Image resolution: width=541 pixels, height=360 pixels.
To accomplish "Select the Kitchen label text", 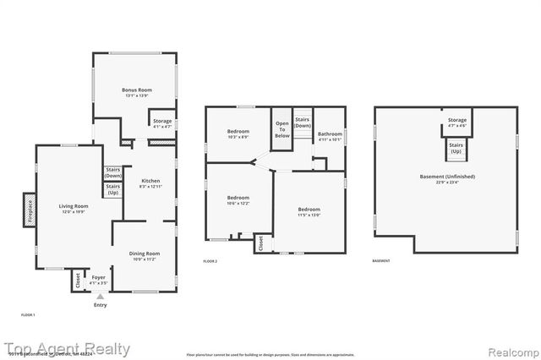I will tap(150, 181).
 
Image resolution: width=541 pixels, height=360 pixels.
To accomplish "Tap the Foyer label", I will tap(99, 276).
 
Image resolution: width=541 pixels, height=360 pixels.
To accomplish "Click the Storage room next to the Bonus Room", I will tap(162, 122).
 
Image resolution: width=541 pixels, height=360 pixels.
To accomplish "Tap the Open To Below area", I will tap(281, 129).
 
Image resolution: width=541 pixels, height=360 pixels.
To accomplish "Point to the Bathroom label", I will tap(330, 134).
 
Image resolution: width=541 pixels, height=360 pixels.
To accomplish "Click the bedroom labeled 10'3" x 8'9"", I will tap(238, 133).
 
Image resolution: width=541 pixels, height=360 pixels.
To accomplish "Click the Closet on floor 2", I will tap(262, 243).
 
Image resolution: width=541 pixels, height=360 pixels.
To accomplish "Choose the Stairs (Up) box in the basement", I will tap(456, 148).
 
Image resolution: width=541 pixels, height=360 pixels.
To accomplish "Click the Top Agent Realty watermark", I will tap(66, 349).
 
